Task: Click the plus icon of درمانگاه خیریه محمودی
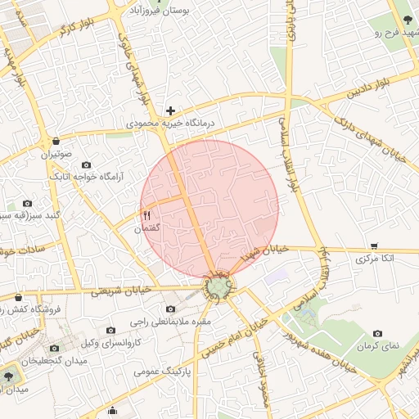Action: pos(170,110)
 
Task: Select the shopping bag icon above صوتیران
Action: pos(55,141)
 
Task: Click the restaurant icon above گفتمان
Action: pos(147,215)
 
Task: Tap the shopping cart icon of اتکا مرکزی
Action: pos(374,246)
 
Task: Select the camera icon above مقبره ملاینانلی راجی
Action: pos(170,309)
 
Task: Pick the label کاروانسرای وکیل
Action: pos(114,341)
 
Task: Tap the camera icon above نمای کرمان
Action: pos(377,333)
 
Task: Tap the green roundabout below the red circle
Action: pos(218,287)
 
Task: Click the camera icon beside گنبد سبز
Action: pos(28,203)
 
